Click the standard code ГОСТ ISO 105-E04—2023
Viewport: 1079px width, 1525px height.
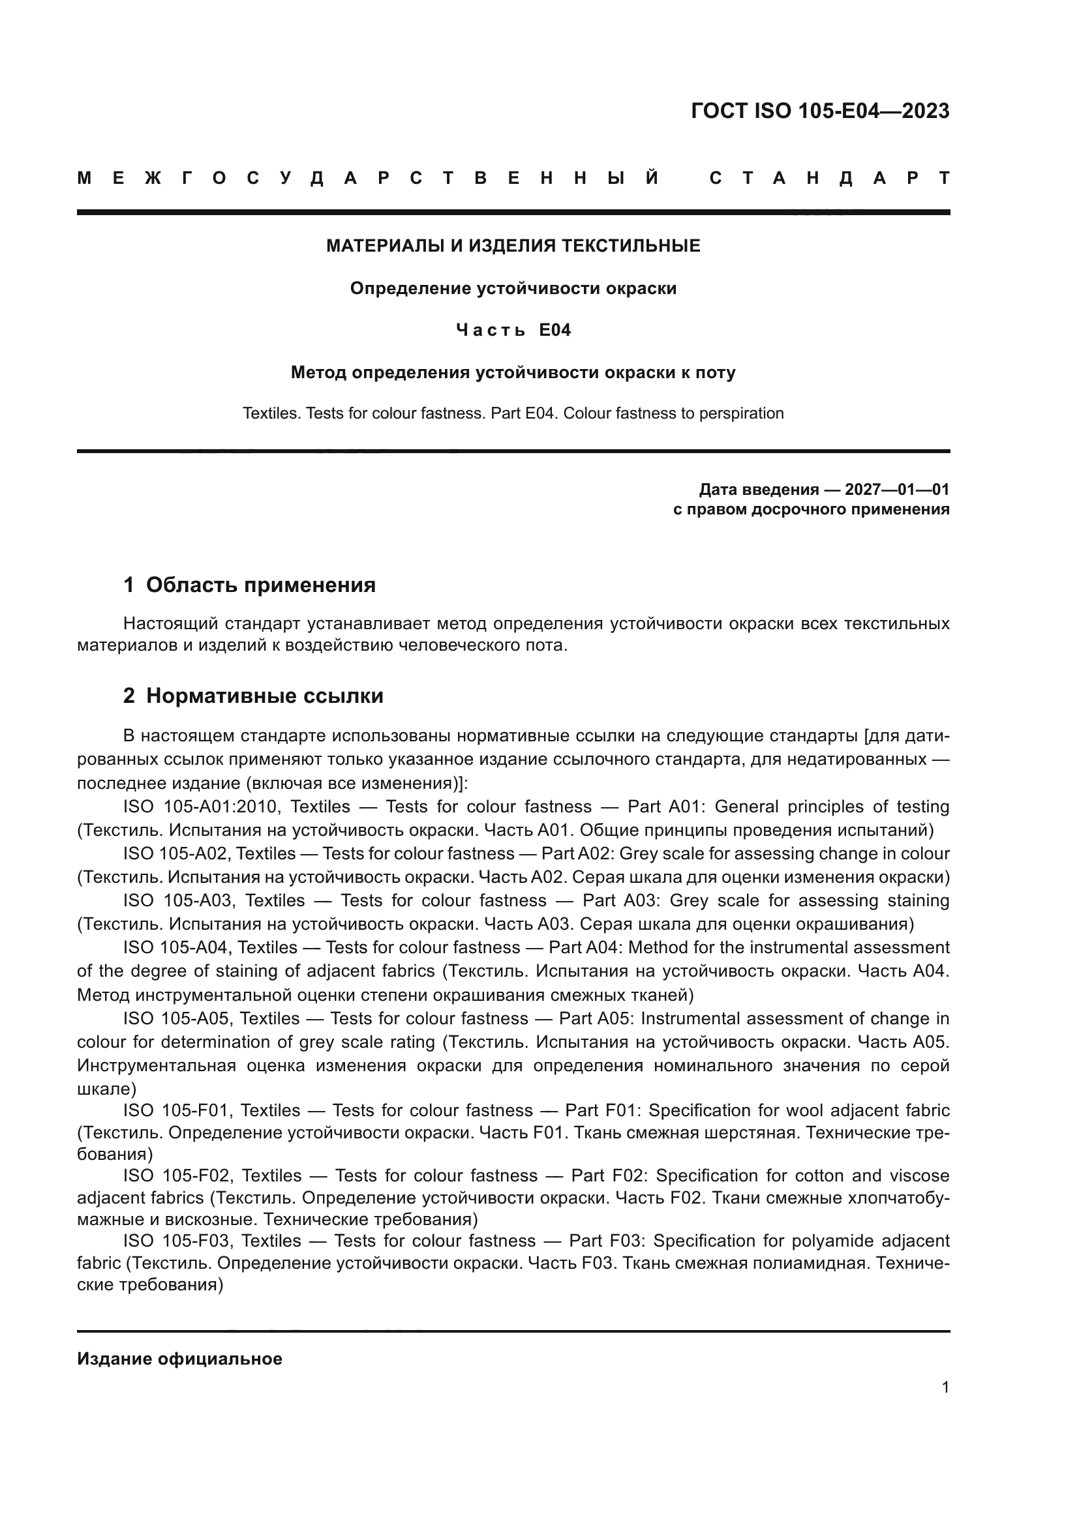pos(820,111)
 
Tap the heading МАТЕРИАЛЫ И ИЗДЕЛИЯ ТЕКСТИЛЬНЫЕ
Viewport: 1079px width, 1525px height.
pos(513,246)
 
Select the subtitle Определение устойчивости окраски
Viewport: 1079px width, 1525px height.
pos(513,288)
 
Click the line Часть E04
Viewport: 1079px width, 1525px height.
pos(513,330)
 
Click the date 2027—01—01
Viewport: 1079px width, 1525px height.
pos(897,490)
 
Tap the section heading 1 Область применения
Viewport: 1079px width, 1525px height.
pos(249,585)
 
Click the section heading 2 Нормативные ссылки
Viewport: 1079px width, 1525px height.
pos(253,696)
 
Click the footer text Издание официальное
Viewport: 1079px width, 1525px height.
pos(179,1359)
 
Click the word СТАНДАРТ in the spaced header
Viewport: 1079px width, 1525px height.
pos(829,178)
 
